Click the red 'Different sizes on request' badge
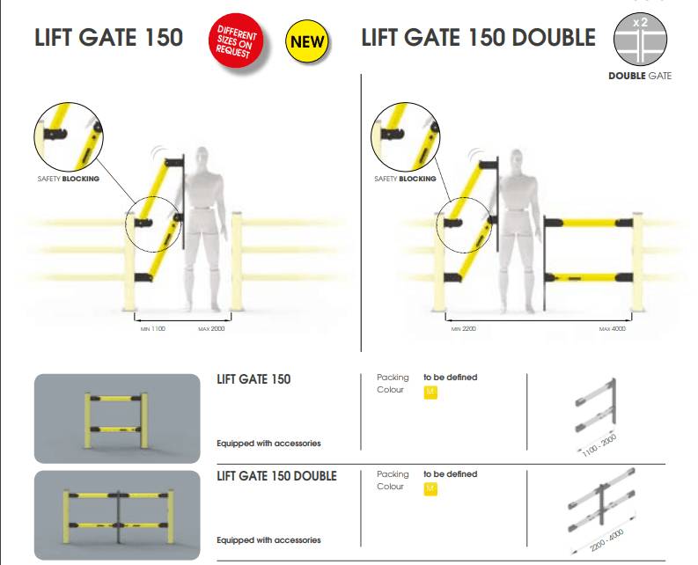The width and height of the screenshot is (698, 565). pyautogui.click(x=236, y=40)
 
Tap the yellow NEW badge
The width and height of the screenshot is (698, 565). pyautogui.click(x=306, y=41)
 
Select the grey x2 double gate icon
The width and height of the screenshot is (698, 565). pyautogui.click(x=640, y=39)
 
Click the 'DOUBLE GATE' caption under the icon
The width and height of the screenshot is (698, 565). pyautogui.click(x=640, y=76)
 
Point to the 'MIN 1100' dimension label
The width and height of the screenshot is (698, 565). pyautogui.click(x=152, y=328)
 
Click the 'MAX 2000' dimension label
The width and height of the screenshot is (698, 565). pyautogui.click(x=211, y=328)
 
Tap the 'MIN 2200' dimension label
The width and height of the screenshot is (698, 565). pyautogui.click(x=463, y=328)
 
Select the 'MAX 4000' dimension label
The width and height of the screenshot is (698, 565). pyautogui.click(x=612, y=328)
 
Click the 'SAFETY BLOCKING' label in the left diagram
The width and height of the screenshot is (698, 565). pyautogui.click(x=68, y=179)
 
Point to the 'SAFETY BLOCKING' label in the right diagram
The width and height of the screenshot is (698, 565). pyautogui.click(x=405, y=179)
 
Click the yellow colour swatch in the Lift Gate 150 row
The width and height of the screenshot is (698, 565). pyautogui.click(x=430, y=393)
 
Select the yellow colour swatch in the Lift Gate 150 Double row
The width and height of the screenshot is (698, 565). pyautogui.click(x=430, y=488)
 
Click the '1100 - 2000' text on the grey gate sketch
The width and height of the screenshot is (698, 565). pyautogui.click(x=599, y=444)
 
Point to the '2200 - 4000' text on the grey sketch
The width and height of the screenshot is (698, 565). pyautogui.click(x=606, y=539)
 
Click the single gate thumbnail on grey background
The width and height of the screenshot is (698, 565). pyautogui.click(x=117, y=419)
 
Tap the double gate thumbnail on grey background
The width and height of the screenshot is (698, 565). pyautogui.click(x=117, y=515)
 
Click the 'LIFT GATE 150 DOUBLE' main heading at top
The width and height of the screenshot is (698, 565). pyautogui.click(x=478, y=37)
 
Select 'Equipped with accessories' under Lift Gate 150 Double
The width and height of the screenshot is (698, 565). pyautogui.click(x=268, y=540)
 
